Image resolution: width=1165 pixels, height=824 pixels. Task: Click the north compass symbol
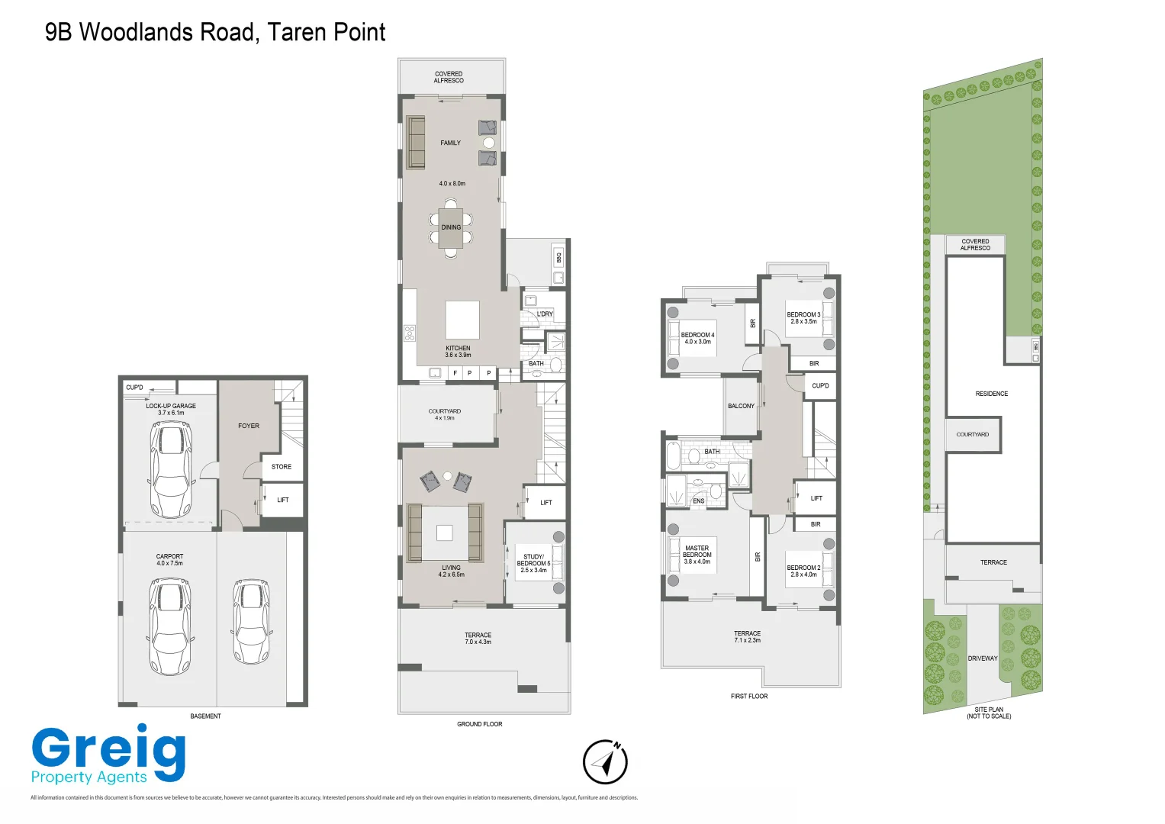point(605,761)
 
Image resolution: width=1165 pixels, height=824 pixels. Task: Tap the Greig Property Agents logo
point(108,755)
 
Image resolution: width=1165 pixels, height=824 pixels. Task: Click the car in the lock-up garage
point(171,469)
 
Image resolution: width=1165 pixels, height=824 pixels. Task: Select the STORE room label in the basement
point(282,467)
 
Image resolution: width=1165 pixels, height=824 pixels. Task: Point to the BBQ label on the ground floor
point(559,258)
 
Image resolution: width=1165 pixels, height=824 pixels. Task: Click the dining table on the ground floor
point(451,227)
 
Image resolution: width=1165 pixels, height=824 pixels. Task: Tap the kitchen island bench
point(462,320)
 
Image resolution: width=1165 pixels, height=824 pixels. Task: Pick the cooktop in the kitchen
point(410,333)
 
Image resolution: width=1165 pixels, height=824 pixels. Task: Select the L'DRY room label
point(545,314)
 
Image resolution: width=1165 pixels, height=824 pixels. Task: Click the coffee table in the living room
point(445,533)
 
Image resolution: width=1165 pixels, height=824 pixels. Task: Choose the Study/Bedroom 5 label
point(533,563)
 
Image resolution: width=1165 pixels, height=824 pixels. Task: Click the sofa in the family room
point(415,143)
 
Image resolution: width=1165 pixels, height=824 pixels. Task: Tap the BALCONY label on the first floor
point(741,406)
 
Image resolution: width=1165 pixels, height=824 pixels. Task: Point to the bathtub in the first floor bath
point(673,455)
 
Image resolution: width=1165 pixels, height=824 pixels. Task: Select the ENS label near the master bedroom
point(698,501)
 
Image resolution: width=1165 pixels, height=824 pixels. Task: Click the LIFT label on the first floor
point(816,498)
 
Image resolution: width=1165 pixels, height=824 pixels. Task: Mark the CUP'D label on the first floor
point(820,386)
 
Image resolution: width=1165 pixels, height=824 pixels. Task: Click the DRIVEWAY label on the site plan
point(983,658)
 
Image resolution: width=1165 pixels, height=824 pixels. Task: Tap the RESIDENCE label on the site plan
point(991,394)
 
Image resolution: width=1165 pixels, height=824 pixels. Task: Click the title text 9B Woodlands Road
point(215,32)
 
